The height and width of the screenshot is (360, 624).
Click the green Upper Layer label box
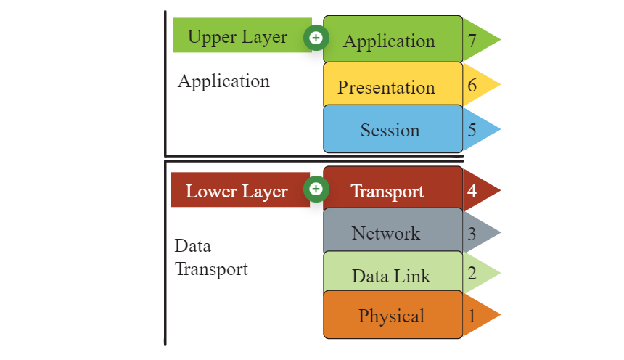pyautogui.click(x=242, y=35)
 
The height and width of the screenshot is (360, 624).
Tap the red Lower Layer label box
pyautogui.click(x=240, y=189)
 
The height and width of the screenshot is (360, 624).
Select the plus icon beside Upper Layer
pyautogui.click(x=316, y=38)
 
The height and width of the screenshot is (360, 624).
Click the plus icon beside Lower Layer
pyautogui.click(x=316, y=189)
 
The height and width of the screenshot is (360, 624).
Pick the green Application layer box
pyautogui.click(x=393, y=39)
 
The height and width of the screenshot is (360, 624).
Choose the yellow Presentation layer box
pyautogui.click(x=393, y=84)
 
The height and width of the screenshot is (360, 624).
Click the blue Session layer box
pyautogui.click(x=393, y=129)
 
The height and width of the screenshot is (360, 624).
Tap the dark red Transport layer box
pyautogui.click(x=393, y=189)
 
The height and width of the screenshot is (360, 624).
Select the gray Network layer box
pyautogui.click(x=393, y=231)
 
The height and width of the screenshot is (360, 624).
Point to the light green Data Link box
pyautogui.click(x=393, y=272)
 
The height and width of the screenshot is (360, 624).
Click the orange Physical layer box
pyautogui.click(x=393, y=314)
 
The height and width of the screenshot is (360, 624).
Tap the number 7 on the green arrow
pyautogui.click(x=472, y=41)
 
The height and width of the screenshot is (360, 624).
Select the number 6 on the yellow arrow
pyautogui.click(x=472, y=85)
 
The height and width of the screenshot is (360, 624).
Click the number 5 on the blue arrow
pyautogui.click(x=472, y=130)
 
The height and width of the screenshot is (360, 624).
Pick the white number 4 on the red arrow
pyautogui.click(x=472, y=191)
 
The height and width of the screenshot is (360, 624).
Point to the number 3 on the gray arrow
pyautogui.click(x=472, y=234)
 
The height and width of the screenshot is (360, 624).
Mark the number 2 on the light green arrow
pyautogui.click(x=472, y=274)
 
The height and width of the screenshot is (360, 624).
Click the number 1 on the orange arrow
pyautogui.click(x=472, y=316)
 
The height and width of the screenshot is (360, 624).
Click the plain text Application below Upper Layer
pyautogui.click(x=223, y=82)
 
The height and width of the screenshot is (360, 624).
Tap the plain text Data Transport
pyautogui.click(x=211, y=258)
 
